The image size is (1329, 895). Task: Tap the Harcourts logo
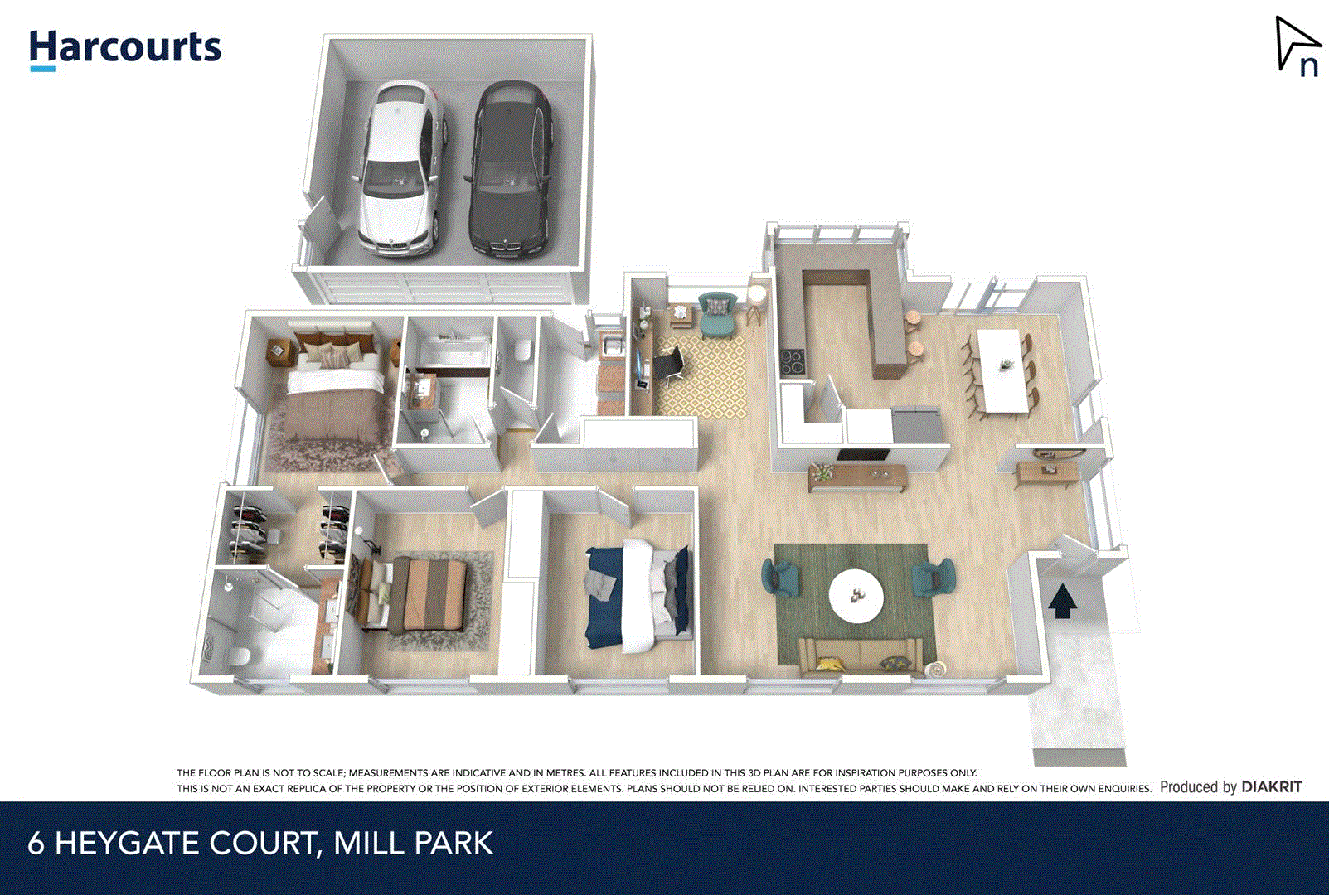(x=125, y=49)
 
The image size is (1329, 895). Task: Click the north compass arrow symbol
(x=1294, y=46)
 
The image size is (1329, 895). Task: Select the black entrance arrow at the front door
(x=1062, y=601)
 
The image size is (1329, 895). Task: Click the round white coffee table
(x=856, y=595)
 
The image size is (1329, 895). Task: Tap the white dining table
(x=1003, y=369)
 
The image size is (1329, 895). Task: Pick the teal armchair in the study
(x=716, y=315)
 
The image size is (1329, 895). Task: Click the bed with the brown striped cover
(x=423, y=593)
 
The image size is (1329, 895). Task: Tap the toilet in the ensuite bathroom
(x=238, y=655)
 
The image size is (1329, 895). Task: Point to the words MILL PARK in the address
(x=413, y=844)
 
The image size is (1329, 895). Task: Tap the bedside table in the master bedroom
(x=278, y=352)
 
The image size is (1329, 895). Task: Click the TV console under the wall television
(x=856, y=477)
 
